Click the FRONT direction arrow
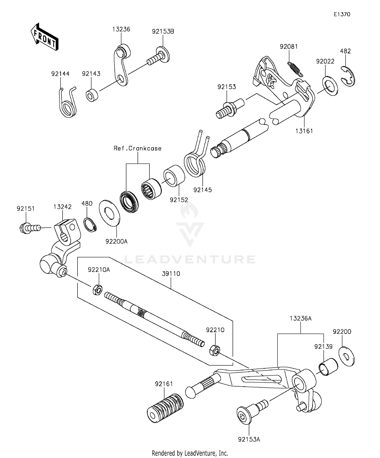pyautogui.click(x=45, y=37)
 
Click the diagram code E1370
pyautogui.click(x=342, y=14)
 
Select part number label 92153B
pyautogui.click(x=163, y=32)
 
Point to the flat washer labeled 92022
pyautogui.click(x=330, y=86)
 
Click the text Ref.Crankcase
pyautogui.click(x=137, y=148)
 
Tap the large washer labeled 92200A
pyautogui.click(x=109, y=213)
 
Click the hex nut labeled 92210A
pyautogui.click(x=97, y=289)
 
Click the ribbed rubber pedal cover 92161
pyautogui.click(x=165, y=408)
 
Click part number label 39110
pyautogui.click(x=171, y=274)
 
